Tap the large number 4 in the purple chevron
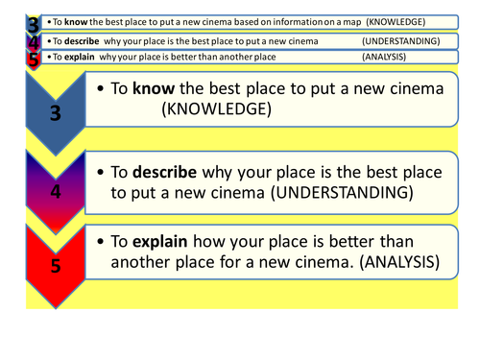coord(55,191)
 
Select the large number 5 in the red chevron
coord(55,267)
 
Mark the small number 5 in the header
coord(34,59)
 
